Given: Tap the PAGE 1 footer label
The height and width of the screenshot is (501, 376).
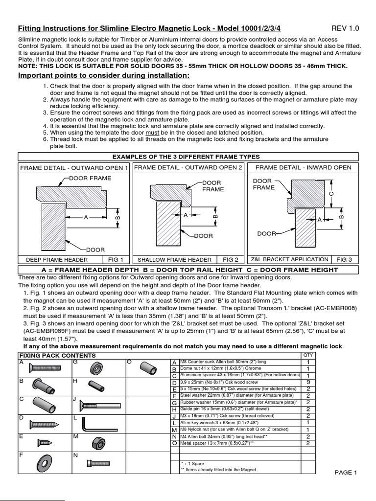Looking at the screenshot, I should click(x=346, y=472).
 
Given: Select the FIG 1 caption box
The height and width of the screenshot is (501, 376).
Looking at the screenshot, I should click(x=115, y=260).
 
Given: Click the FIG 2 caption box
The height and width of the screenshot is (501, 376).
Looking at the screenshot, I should click(x=230, y=260).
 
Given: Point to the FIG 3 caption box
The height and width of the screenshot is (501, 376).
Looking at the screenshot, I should click(x=343, y=260).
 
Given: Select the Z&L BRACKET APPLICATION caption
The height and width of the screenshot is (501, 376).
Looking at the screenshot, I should click(x=289, y=259).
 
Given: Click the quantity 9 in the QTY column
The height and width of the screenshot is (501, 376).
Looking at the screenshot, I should click(x=308, y=382).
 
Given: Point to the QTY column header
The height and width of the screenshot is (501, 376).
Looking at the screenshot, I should click(x=307, y=355).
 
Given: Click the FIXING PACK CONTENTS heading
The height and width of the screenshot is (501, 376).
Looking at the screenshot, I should click(x=57, y=356).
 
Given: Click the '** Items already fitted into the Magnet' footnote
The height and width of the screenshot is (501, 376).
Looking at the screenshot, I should click(x=218, y=470).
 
